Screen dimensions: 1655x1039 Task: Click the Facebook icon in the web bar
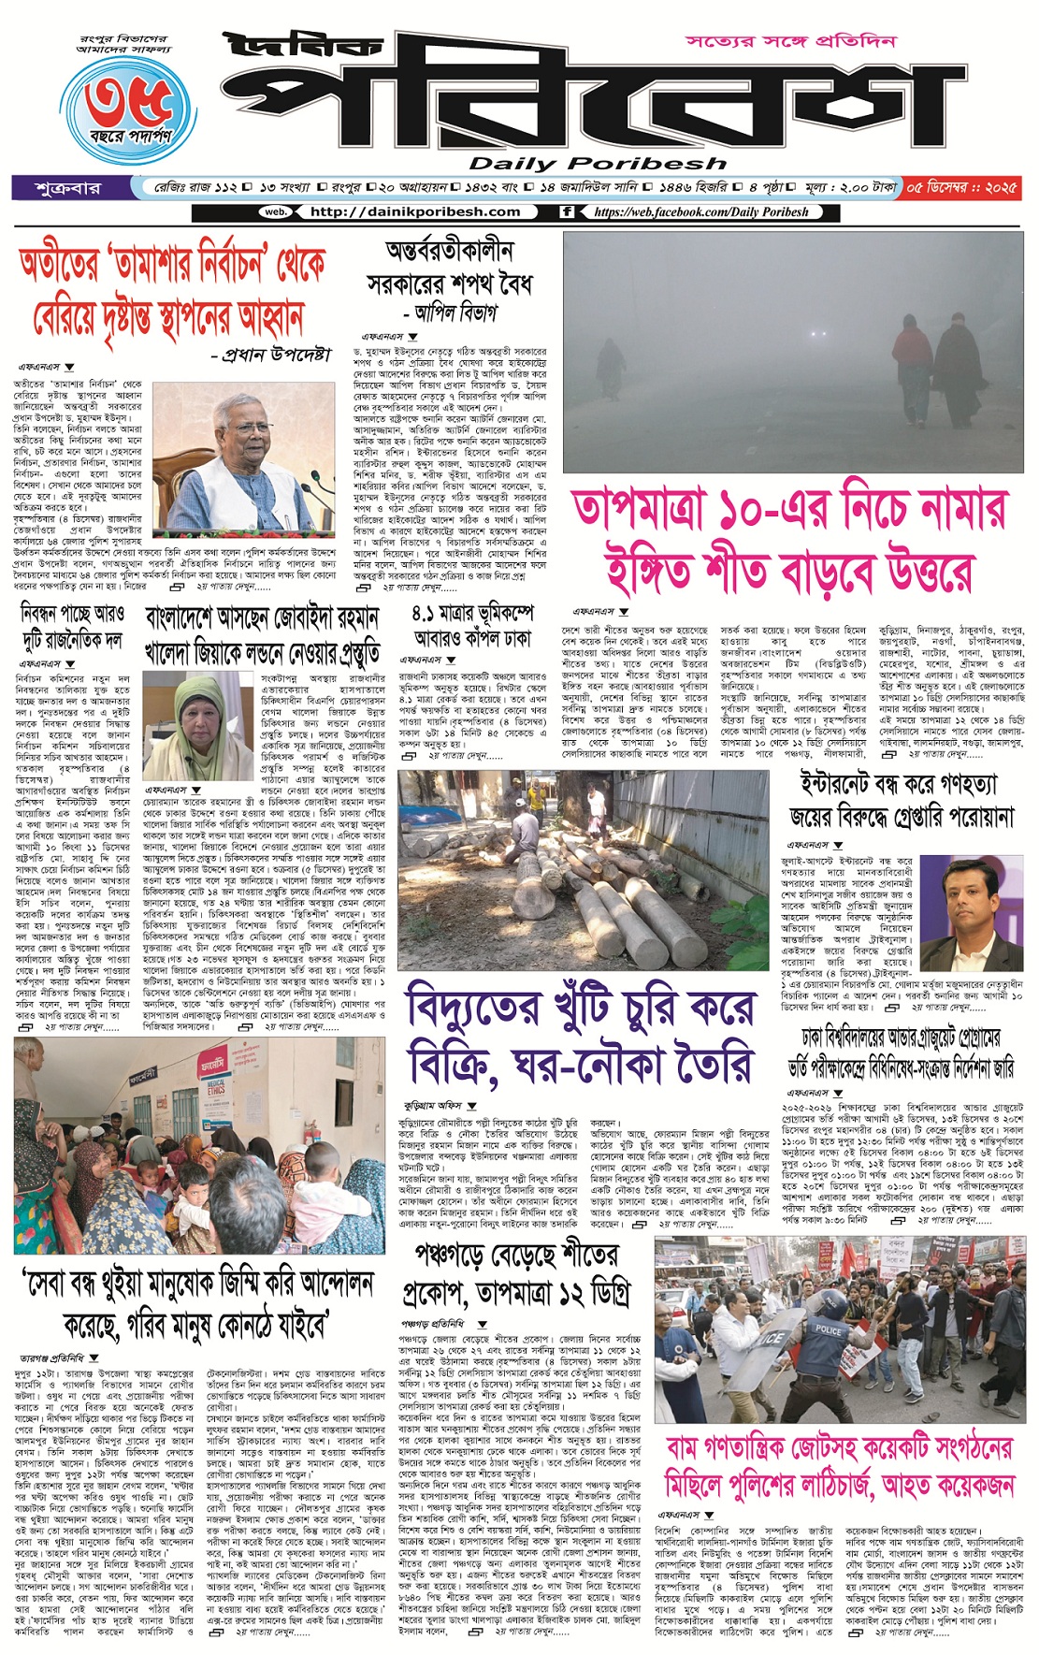567,212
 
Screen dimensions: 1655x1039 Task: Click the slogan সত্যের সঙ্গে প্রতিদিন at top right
791,41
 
